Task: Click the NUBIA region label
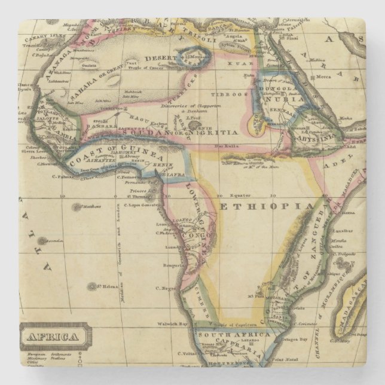tap(294, 100)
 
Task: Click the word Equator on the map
tap(244, 195)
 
